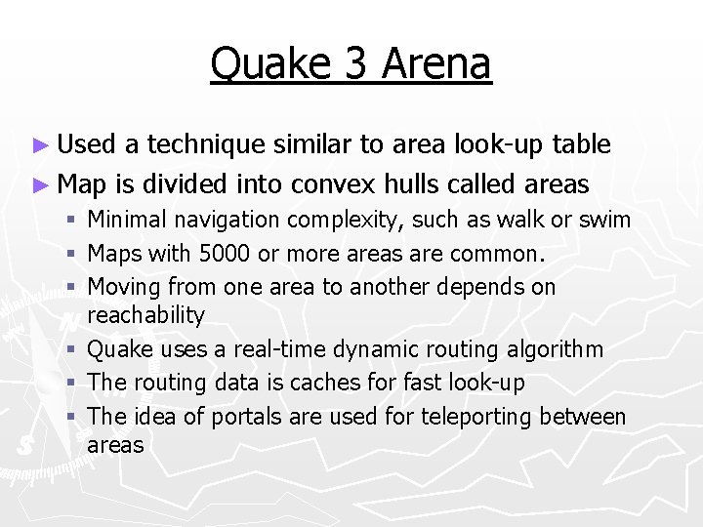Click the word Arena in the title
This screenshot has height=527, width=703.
click(436, 64)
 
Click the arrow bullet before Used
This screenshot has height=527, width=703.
click(39, 146)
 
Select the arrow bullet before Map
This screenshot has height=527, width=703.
click(39, 183)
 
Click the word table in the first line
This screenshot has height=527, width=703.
click(582, 145)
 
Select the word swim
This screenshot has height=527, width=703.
click(606, 221)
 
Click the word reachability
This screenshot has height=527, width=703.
click(146, 315)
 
